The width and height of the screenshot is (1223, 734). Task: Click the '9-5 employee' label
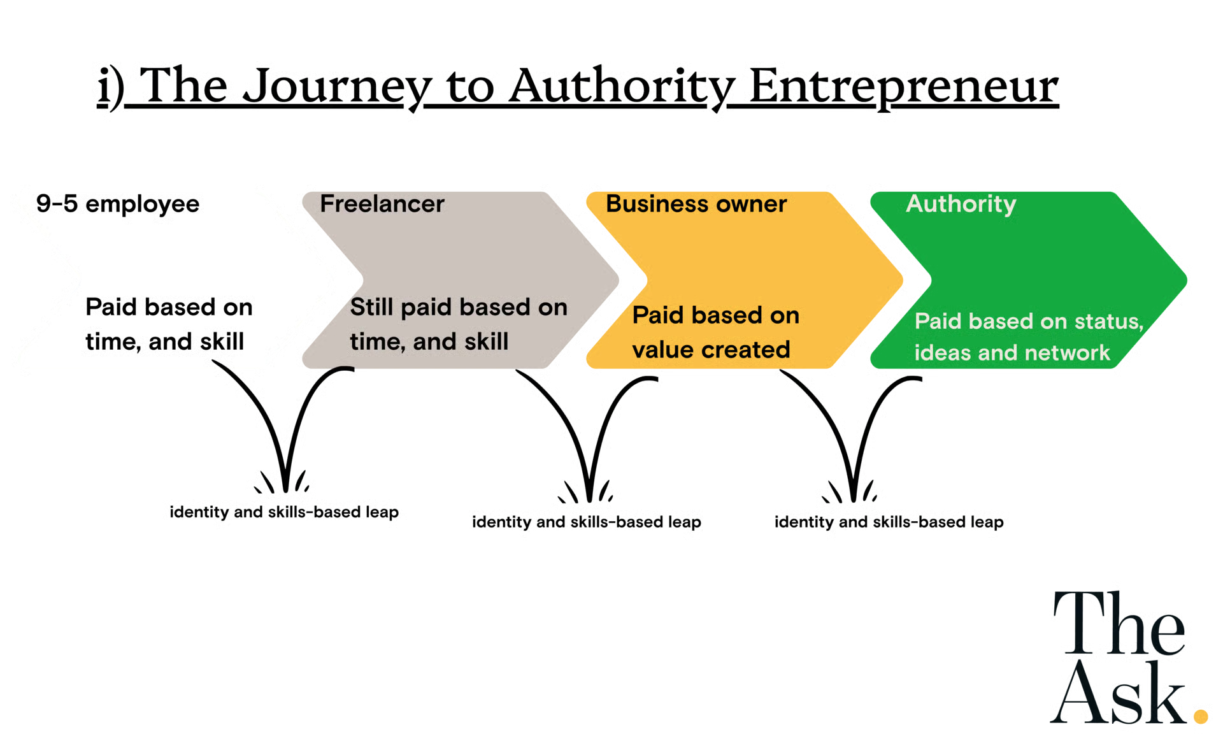point(118,205)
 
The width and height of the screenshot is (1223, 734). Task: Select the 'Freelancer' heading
point(382,204)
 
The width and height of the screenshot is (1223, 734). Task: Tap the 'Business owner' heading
point(696,204)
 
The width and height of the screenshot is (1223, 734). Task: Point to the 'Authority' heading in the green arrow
point(961,204)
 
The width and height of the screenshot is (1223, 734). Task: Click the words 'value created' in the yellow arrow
point(711,350)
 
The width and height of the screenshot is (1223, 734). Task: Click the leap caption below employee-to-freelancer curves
point(284,511)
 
